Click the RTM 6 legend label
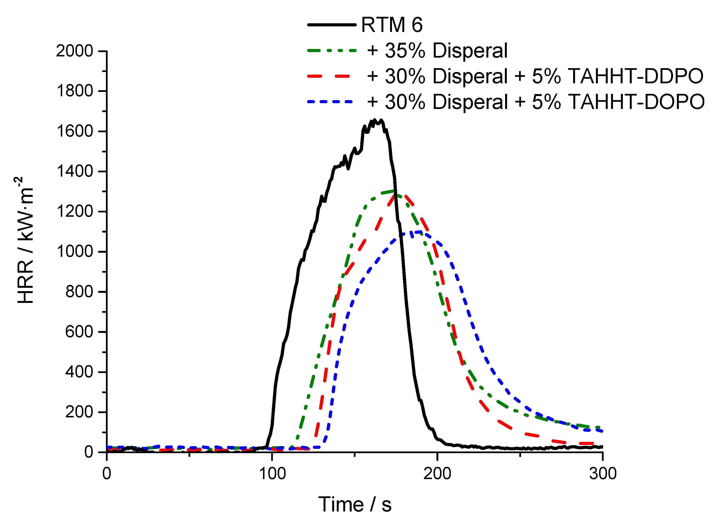[392, 25]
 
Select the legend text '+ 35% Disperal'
[437, 51]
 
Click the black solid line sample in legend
[331, 25]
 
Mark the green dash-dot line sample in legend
[331, 51]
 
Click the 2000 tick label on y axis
[74, 51]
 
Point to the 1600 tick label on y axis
[74, 131]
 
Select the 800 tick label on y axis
[79, 292]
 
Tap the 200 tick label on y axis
[79, 412]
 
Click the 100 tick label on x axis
[272, 474]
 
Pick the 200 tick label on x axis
[437, 474]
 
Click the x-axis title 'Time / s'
[355, 505]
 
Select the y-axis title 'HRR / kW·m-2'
[25, 240]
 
